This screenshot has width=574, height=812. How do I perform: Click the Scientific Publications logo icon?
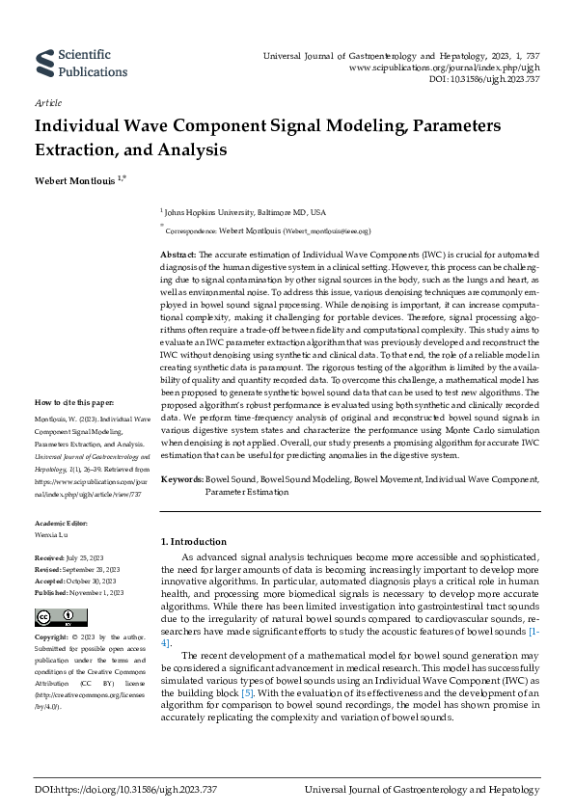44,63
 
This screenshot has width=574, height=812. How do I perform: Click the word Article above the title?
47,101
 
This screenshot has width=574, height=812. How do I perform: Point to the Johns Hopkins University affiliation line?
245,211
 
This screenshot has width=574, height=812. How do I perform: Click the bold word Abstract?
179,253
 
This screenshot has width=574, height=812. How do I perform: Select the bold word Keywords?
181,479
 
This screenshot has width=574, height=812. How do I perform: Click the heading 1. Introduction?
193,542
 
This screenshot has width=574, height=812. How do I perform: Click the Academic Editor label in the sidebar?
63,523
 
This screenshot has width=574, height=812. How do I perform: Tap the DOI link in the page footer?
114,791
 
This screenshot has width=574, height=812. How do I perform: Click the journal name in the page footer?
421,791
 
